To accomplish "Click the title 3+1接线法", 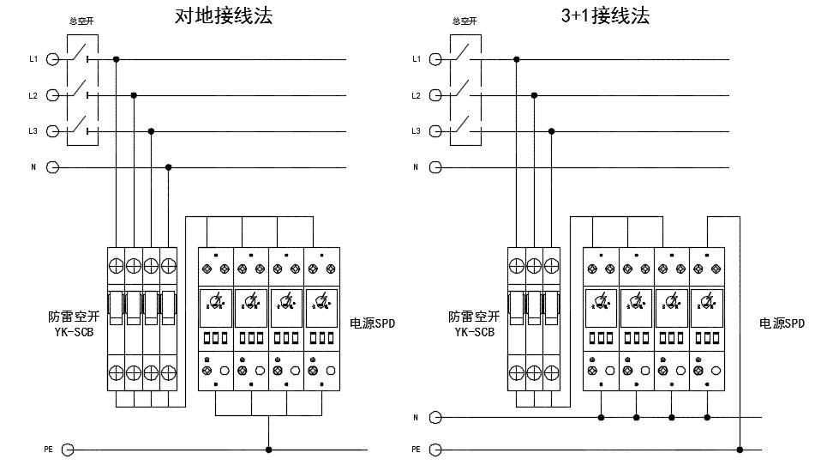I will (x=605, y=15).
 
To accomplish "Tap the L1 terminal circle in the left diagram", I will (x=52, y=59).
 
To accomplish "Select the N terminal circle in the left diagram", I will (x=52, y=167).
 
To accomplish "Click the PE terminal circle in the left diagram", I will (x=68, y=449).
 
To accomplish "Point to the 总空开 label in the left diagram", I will (x=81, y=21).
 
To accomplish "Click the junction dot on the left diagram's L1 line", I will (x=116, y=59).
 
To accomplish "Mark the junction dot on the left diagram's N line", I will (x=168, y=167).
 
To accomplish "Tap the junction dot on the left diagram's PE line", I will (x=269, y=449).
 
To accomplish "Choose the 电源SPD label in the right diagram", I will (x=782, y=323).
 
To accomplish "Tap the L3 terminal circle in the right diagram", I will (x=435, y=131).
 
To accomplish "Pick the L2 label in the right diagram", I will (x=416, y=95).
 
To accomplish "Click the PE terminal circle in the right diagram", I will (x=435, y=449).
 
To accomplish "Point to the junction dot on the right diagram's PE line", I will (x=740, y=449).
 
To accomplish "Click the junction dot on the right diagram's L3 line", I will (x=551, y=131).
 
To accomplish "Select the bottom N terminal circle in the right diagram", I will (x=435, y=418).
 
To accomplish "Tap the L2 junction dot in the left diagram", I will (x=133, y=95).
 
